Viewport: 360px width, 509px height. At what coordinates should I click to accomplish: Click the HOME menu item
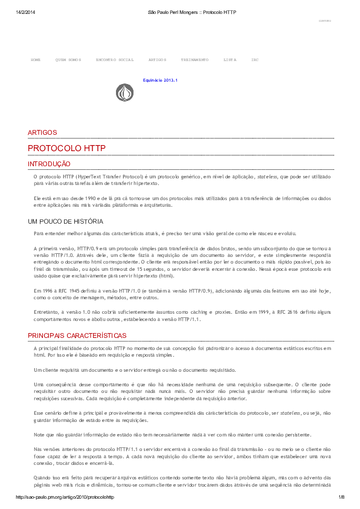pos(36,60)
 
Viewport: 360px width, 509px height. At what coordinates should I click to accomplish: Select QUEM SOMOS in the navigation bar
pos(68,60)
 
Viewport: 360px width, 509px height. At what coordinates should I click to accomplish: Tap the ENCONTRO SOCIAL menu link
pos(115,60)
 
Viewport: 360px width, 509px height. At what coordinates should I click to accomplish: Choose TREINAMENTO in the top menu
pos(194,60)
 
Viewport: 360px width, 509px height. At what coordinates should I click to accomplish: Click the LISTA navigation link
pos(230,60)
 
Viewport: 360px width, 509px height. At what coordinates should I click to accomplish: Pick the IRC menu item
pos(255,60)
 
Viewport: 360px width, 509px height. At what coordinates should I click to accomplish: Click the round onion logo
pos(125,92)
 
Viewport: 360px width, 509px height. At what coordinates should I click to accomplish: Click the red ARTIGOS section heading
pos(42,132)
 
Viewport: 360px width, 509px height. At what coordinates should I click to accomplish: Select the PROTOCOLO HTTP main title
pos(66,148)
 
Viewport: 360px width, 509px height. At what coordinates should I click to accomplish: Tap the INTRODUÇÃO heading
pos(49,164)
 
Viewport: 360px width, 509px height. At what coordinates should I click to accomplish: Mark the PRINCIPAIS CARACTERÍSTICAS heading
pos(77,336)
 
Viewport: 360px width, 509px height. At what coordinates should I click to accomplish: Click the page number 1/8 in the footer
pos(341,497)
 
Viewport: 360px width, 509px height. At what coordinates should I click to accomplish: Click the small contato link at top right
pos(324,21)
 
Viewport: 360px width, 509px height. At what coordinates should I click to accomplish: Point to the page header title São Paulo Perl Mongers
pos(192,12)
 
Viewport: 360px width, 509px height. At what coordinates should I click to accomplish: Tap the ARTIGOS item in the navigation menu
pos(157,60)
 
